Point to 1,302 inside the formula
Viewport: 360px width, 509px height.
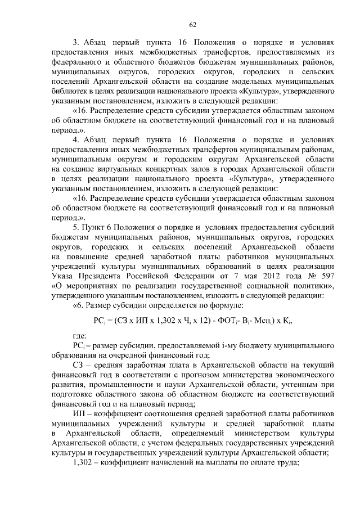(x=150, y=321)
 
